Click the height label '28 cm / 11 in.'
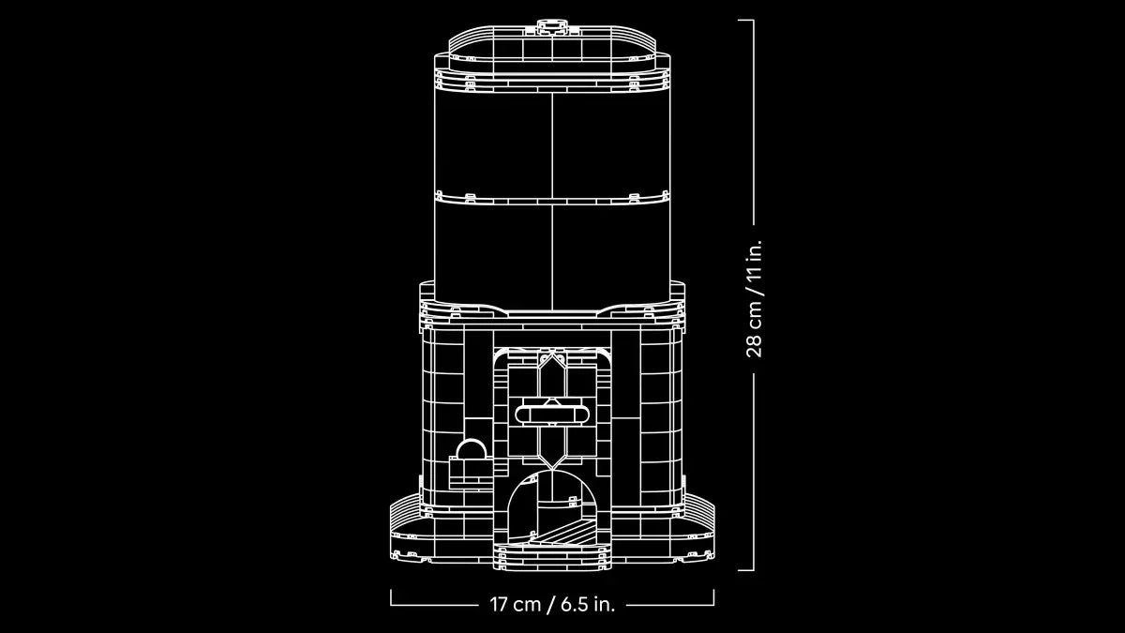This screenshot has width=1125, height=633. [x=755, y=297]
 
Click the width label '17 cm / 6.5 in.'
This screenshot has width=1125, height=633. [x=552, y=604]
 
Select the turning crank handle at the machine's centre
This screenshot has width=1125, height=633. [x=552, y=412]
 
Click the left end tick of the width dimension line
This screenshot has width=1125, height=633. [x=392, y=598]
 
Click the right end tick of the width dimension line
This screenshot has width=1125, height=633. [x=713, y=598]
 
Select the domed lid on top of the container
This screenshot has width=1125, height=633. [x=552, y=47]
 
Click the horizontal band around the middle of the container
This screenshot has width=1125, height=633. [x=552, y=198]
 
